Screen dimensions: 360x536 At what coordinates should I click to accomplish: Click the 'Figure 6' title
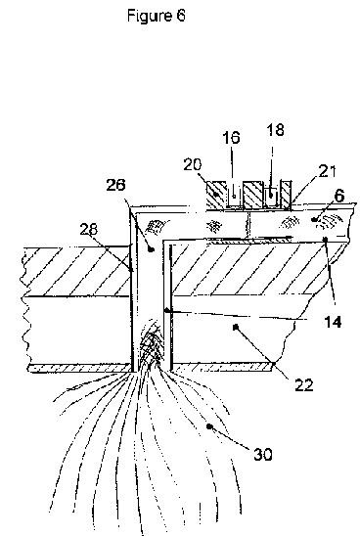point(157,16)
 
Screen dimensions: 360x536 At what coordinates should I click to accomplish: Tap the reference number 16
point(231,137)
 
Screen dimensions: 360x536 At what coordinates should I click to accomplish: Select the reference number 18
point(275,130)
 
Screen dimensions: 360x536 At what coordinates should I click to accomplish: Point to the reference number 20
point(193,164)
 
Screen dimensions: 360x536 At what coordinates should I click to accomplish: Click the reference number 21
point(327,171)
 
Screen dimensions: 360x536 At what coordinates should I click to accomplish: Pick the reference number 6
point(338,196)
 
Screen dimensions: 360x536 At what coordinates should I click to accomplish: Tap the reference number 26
point(115,185)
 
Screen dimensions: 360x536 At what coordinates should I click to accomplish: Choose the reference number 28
point(89,229)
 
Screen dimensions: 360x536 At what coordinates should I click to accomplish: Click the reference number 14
point(333,322)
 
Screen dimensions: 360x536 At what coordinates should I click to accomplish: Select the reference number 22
point(303,385)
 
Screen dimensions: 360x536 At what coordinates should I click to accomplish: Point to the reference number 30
point(262,454)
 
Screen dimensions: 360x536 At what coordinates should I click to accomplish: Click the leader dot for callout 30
point(209,426)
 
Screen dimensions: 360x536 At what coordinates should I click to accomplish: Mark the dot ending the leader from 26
point(152,249)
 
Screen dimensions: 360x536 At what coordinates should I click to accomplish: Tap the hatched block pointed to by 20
point(216,196)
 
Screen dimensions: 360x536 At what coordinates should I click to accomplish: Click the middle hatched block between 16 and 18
point(253,195)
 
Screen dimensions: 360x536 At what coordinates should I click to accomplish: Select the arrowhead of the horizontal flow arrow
point(289,237)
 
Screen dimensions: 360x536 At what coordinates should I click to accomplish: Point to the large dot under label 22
point(235,328)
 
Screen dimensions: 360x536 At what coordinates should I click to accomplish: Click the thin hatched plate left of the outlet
point(79,368)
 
